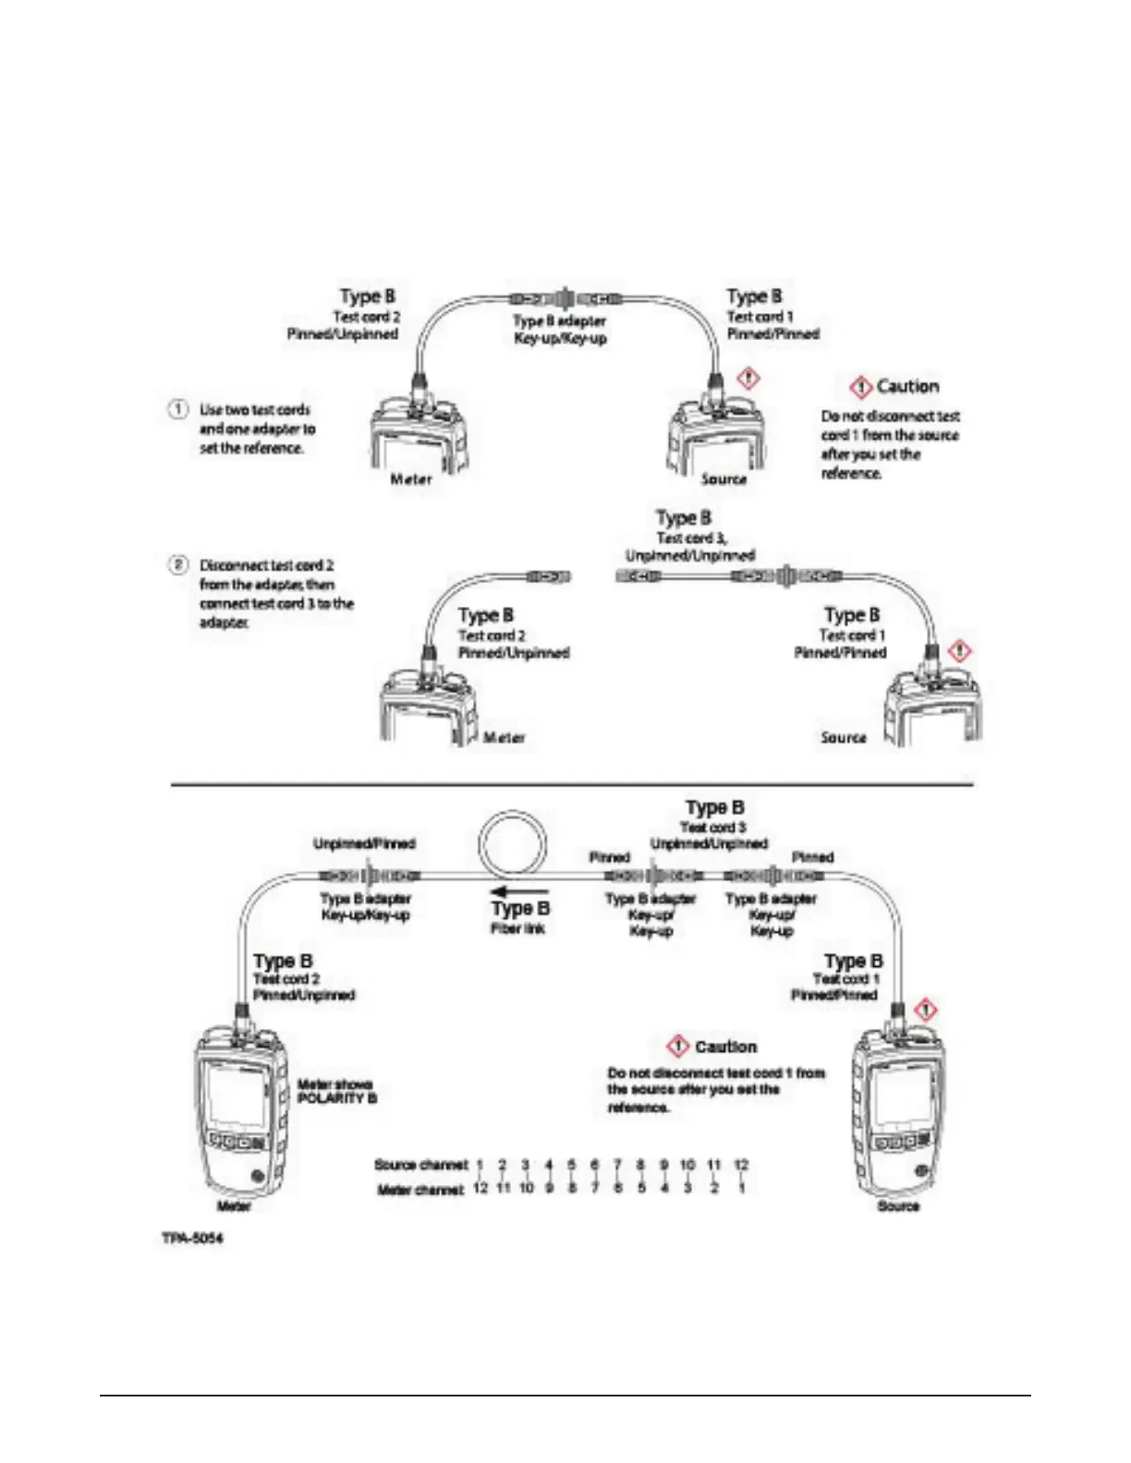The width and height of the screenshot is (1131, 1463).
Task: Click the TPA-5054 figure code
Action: [x=193, y=1237]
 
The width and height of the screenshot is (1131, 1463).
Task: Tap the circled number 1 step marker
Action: [x=177, y=408]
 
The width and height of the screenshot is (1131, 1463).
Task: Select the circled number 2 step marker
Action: [x=177, y=563]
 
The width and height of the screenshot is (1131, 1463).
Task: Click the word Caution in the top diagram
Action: [x=907, y=386]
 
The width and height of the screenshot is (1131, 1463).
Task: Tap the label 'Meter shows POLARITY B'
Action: [x=336, y=1091]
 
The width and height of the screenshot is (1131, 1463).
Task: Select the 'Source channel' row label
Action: [x=420, y=1165]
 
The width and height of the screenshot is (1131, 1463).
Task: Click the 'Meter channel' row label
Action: [x=420, y=1189]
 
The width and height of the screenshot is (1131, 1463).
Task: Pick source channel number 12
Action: [x=741, y=1165]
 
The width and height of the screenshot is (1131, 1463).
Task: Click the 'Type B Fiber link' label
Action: [x=519, y=917]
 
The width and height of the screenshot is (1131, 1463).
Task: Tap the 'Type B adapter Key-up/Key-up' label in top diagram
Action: [x=560, y=330]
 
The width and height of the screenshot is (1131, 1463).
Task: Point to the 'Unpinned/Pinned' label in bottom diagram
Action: [x=364, y=843]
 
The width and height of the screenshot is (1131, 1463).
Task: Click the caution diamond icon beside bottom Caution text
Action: [x=678, y=1046]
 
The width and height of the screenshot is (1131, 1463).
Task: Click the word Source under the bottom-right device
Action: [x=897, y=1206]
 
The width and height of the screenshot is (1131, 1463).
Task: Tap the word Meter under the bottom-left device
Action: [x=234, y=1206]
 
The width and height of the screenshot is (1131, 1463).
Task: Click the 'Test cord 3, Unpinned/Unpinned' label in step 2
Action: [x=688, y=546]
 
